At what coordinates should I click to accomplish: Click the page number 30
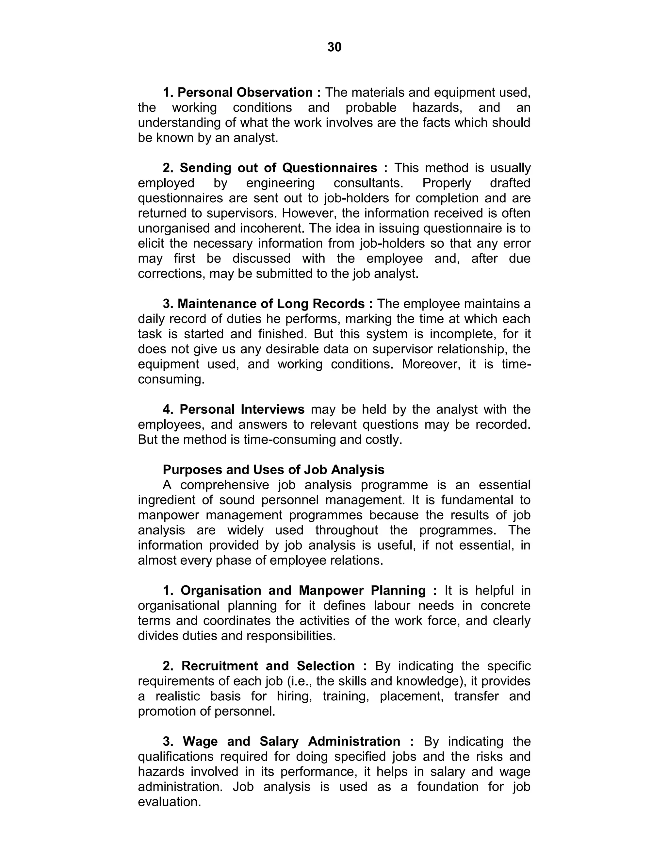(x=334, y=47)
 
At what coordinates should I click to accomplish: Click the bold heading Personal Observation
(x=245, y=92)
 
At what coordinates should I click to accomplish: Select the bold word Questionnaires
(x=330, y=168)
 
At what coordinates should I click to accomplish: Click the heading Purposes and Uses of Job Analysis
(x=273, y=470)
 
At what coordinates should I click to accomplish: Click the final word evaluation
(x=169, y=802)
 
